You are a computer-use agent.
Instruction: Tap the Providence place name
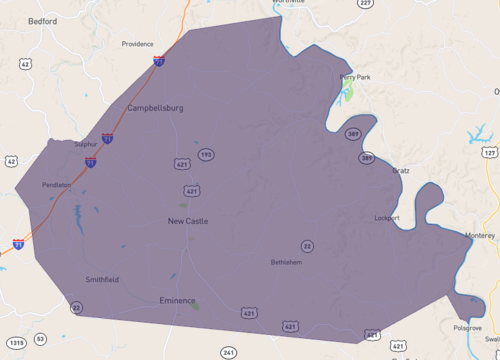click(137, 44)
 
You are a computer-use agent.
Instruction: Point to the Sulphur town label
click(86, 144)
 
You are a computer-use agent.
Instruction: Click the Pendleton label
click(56, 185)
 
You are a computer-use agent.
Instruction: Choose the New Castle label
click(187, 221)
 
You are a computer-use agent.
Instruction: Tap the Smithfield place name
click(102, 280)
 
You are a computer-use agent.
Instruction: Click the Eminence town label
click(177, 300)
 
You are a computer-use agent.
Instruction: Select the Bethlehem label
click(286, 263)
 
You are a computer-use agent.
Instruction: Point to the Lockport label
click(386, 217)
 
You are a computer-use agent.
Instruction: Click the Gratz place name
click(401, 171)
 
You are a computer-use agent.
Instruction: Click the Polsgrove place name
click(466, 327)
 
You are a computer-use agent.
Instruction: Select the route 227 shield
click(366, 4)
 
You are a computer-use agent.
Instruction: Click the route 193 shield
click(205, 154)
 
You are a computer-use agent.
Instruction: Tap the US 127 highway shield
click(489, 152)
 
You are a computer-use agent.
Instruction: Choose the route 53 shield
click(41, 340)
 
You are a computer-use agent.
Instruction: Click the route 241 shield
click(229, 353)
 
